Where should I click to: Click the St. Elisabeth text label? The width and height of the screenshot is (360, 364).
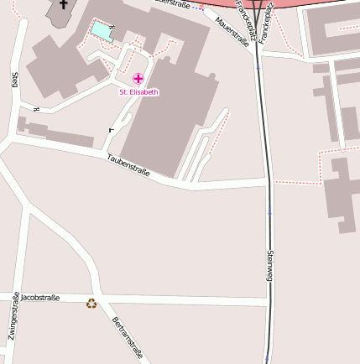138,92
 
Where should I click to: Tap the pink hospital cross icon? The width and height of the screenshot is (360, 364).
138,79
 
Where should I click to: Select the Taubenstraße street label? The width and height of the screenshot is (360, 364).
128,166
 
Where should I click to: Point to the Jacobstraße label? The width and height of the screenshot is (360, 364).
40,298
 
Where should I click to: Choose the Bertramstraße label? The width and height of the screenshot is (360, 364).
127,338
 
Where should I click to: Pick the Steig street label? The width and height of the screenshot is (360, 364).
14,80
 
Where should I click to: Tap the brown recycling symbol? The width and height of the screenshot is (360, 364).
91,303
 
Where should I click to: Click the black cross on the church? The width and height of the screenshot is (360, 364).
62,5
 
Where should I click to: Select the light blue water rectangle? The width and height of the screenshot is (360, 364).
102,31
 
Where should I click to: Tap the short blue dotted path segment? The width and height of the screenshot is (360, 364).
197,8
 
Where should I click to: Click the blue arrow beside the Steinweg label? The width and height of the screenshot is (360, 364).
270,212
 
